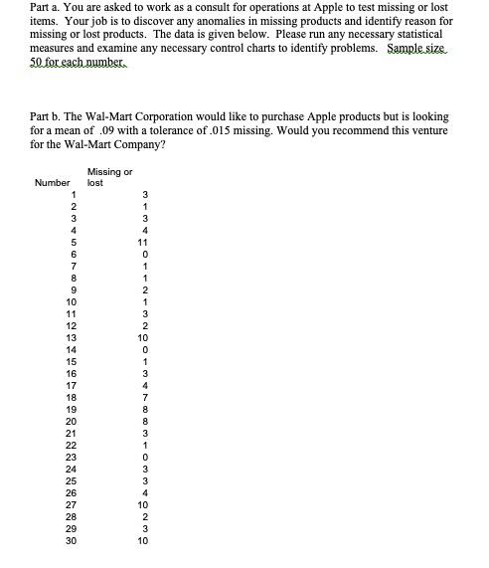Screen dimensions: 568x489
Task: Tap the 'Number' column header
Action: (x=52, y=183)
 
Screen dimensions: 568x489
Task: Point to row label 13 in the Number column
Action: (x=69, y=338)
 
